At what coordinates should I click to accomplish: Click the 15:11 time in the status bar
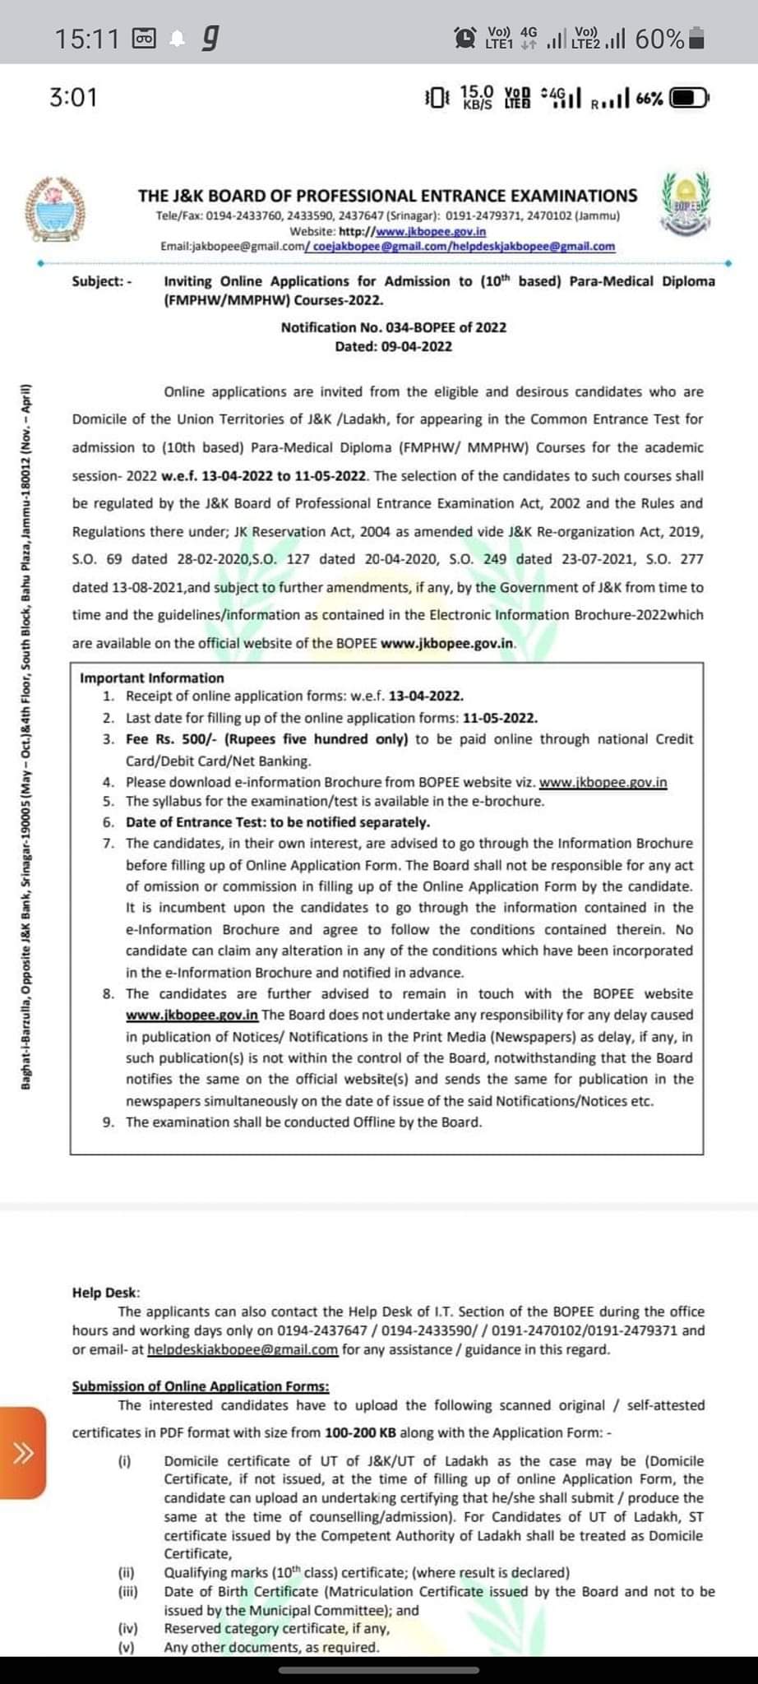tap(86, 38)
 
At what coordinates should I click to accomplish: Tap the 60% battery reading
tap(659, 38)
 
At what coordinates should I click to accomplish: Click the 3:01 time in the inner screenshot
tap(73, 98)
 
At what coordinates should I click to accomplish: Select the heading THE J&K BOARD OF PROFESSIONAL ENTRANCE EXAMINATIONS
tap(387, 196)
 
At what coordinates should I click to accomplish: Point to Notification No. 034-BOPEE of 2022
tap(393, 327)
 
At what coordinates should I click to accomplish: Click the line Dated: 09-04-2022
tap(393, 346)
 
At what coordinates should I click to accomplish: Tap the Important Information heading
tap(152, 678)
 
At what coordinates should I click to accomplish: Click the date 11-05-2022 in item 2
tap(500, 718)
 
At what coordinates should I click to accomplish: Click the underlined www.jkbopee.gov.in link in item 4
tap(603, 782)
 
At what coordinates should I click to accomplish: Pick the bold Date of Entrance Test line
tap(277, 822)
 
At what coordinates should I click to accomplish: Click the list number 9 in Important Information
tap(109, 1122)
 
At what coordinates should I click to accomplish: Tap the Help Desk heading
tap(106, 1293)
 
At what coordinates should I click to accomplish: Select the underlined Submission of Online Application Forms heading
tap(201, 1386)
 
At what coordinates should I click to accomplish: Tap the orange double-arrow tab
tap(23, 1452)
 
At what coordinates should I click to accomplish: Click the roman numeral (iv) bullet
tap(127, 1628)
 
